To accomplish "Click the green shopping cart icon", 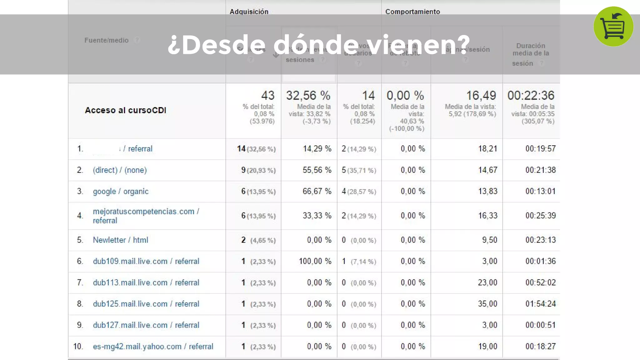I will click(x=613, y=27).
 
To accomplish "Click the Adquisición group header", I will click(x=249, y=12).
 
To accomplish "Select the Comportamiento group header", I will click(x=412, y=12).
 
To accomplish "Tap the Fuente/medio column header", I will click(x=107, y=40).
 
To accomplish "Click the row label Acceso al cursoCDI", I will click(x=126, y=110).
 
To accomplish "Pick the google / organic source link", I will click(x=121, y=191).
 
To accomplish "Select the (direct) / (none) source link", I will click(x=120, y=170).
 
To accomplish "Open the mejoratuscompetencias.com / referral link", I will click(x=146, y=216).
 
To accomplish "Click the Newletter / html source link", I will click(x=120, y=240).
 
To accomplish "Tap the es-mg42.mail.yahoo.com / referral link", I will click(x=153, y=346).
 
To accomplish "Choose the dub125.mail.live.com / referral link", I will click(x=146, y=304).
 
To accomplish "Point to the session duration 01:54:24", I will click(x=540, y=304).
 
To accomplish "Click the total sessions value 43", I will click(x=268, y=95).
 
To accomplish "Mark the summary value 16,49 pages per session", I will click(x=481, y=95).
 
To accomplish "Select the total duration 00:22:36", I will click(x=531, y=95).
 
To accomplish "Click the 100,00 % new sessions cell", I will click(x=315, y=261).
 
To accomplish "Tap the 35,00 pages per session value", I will click(x=487, y=304).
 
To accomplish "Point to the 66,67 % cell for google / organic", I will click(x=317, y=191).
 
